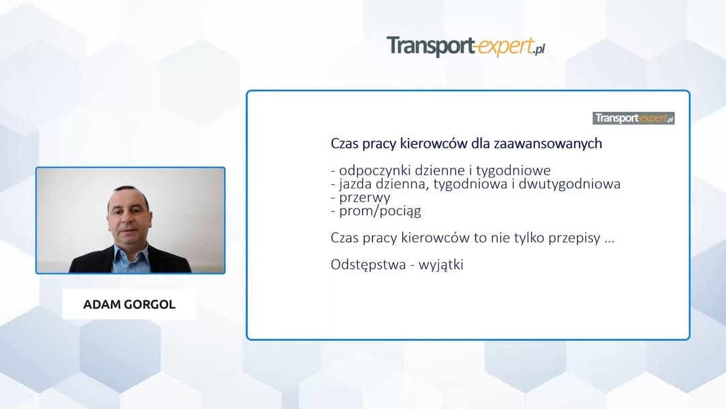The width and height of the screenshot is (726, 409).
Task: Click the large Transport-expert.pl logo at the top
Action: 465,46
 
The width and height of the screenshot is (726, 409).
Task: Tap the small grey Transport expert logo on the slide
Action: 633,118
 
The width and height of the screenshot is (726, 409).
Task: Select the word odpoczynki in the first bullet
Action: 371,170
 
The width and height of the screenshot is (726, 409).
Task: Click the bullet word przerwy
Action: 364,197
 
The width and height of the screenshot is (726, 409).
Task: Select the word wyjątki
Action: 441,265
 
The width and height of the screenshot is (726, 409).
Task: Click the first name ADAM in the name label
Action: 100,305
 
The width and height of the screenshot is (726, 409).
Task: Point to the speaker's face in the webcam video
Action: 129,217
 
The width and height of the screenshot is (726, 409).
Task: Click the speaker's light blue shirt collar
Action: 129,253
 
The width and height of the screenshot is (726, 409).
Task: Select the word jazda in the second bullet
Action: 354,184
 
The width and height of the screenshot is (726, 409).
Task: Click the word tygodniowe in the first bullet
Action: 514,170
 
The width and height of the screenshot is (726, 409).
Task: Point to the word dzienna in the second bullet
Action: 402,184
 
